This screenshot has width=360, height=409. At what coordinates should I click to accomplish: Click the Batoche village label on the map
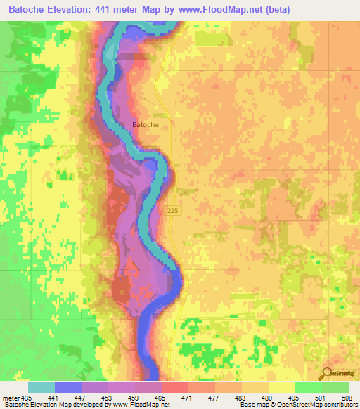click(x=146, y=125)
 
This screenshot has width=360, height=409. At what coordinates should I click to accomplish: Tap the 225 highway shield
click(x=174, y=210)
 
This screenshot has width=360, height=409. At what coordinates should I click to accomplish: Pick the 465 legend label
click(x=160, y=398)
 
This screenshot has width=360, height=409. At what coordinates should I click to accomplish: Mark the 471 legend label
click(x=187, y=398)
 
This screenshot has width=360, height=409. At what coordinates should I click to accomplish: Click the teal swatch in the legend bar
click(x=41, y=387)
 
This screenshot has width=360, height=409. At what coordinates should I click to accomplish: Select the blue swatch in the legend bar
click(x=67, y=387)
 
